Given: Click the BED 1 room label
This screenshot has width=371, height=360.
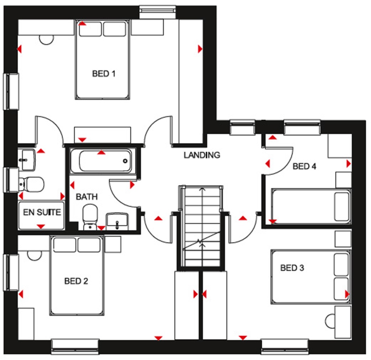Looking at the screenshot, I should click(x=104, y=74).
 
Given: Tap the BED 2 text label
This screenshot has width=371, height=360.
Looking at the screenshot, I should click(x=76, y=281).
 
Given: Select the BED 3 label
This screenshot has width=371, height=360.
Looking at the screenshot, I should click(x=292, y=268).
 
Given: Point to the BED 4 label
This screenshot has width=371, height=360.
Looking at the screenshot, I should click(x=304, y=166).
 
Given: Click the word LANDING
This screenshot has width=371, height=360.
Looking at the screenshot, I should click(x=202, y=155).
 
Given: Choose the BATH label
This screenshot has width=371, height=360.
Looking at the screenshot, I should click(x=87, y=197).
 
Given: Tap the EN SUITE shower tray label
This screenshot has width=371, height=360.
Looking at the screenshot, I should click(x=42, y=212).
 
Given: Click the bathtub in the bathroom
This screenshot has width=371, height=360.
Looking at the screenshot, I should click(x=101, y=161).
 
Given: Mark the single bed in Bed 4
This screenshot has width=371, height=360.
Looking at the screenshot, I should click(x=311, y=206).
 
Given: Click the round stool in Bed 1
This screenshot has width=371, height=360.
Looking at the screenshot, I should click(x=46, y=39).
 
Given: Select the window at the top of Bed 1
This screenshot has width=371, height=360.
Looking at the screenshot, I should click(x=158, y=11).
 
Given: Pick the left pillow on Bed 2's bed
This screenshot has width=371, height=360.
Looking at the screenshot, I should click(x=65, y=245).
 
